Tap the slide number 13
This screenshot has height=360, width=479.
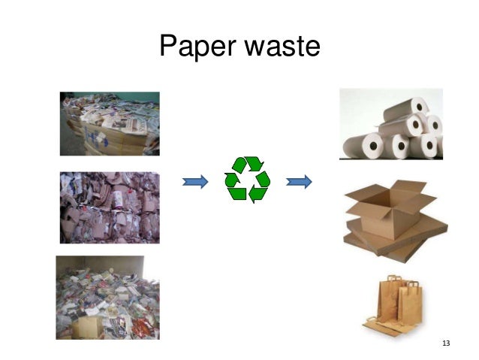446,343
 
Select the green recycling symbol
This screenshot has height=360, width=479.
247,180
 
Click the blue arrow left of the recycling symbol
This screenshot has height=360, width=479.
195,180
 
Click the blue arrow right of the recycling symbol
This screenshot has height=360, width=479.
300,180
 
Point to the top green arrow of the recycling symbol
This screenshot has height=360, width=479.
249,164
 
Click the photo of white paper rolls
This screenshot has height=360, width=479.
391,124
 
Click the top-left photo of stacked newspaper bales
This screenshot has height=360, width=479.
110,123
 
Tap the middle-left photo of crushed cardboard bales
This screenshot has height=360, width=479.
110,207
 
